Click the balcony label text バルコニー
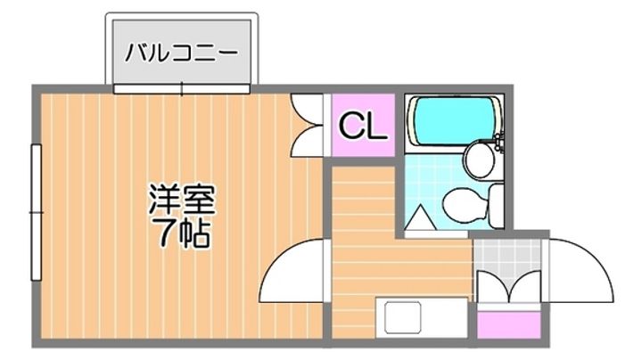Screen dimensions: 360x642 pyautogui.click(x=181, y=51)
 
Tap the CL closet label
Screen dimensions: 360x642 pyautogui.click(x=362, y=127)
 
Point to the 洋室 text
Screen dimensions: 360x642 pyautogui.click(x=183, y=197)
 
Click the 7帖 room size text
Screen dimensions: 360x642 pyautogui.click(x=183, y=233)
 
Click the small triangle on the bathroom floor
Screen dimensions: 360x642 pyautogui.click(x=417, y=217)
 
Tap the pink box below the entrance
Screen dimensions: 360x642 pyautogui.click(x=507, y=323)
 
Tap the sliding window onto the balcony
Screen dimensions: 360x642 pyautogui.click(x=181, y=88)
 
